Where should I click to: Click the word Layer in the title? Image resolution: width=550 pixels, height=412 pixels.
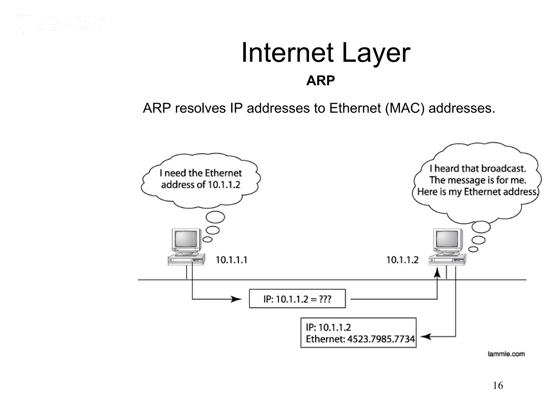coord(376,54)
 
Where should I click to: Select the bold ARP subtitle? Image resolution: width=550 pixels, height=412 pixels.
coord(320,80)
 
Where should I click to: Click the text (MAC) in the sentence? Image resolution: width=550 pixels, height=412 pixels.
coord(405,108)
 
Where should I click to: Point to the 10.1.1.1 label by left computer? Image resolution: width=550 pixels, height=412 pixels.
coord(231,260)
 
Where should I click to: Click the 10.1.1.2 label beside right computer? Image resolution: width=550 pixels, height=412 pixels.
coord(402,260)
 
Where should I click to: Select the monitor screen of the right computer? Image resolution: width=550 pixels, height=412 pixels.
coord(447,239)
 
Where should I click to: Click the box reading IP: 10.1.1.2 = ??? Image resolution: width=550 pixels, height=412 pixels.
coord(297,299)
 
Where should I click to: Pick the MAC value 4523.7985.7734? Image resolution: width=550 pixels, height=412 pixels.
coord(381,339)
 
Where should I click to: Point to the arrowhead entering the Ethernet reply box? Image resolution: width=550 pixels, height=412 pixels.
coord(426,336)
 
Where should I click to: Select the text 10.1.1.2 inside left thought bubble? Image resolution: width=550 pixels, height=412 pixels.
coord(224,185)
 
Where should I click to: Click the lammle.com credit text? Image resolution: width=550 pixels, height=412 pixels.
coord(506,354)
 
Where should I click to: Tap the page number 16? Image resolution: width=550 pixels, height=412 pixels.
coord(498,386)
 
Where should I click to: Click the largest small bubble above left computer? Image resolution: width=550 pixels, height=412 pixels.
coord(215,217)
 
